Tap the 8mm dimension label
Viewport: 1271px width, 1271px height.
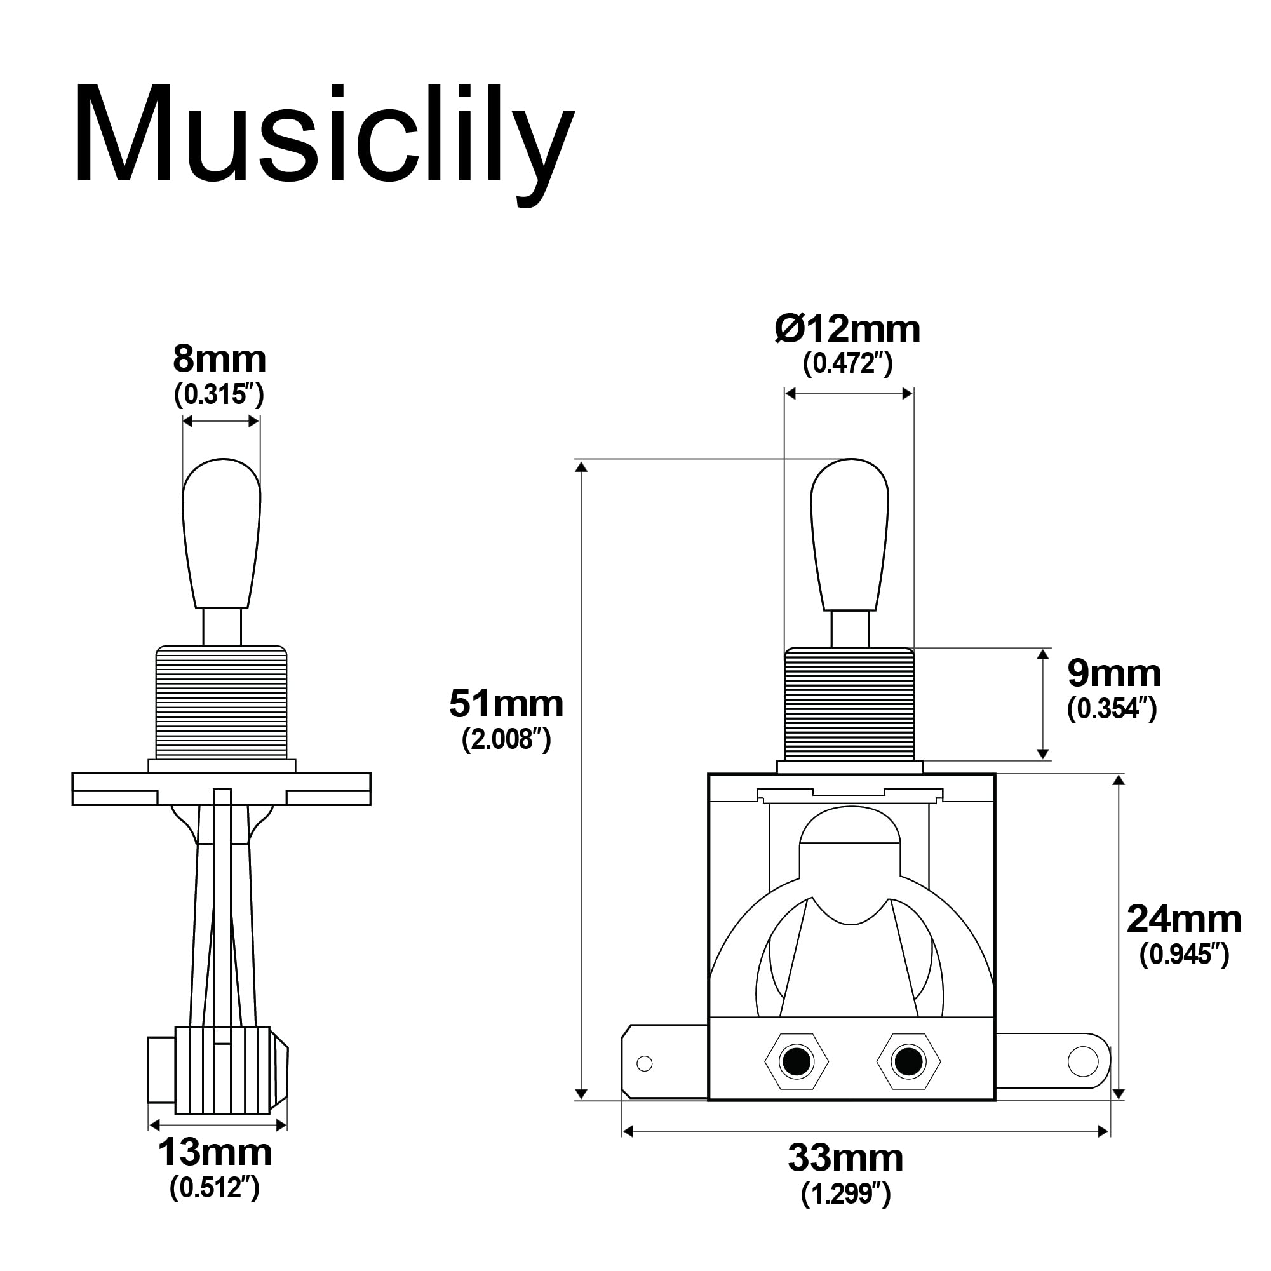[220, 360]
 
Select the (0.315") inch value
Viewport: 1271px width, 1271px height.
[219, 394]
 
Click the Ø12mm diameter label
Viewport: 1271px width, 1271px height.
[847, 329]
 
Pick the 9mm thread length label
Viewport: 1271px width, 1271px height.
[1113, 675]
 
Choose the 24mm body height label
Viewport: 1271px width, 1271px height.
[1184, 920]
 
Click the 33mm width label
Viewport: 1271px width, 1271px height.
[846, 1159]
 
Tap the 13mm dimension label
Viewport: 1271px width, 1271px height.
[215, 1153]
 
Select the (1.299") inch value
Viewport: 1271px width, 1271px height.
[846, 1194]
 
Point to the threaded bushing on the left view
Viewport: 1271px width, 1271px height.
[222, 703]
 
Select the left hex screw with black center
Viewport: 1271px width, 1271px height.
[797, 1062]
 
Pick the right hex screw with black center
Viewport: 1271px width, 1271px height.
[908, 1062]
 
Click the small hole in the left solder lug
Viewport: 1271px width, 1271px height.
[645, 1063]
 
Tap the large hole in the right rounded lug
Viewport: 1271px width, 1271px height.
[1083, 1061]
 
